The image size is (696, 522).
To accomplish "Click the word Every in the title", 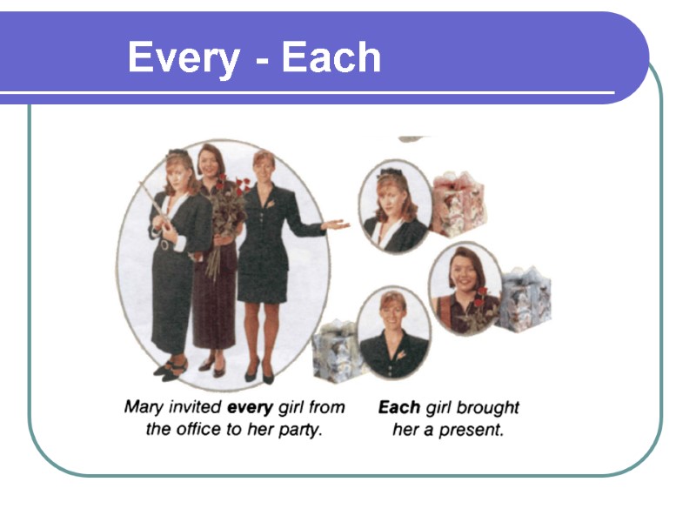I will pos(183,58).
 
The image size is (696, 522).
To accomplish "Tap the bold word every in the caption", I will pos(251,407).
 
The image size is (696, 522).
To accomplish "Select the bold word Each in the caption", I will pos(399,407).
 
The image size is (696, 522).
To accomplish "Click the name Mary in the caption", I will pos(144,407).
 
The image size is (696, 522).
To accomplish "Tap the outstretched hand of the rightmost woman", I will pos(336,224).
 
